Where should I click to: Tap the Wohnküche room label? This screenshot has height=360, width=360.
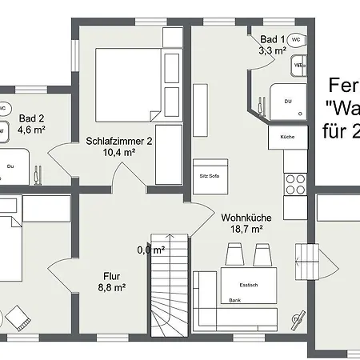pyautogui.click(x=246, y=217)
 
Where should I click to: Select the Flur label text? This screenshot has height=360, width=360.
pyautogui.click(x=111, y=274)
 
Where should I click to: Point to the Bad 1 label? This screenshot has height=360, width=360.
pyautogui.click(x=273, y=39)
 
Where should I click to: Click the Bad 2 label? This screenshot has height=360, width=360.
pyautogui.click(x=31, y=117)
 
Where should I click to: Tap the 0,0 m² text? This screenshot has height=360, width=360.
pyautogui.click(x=150, y=250)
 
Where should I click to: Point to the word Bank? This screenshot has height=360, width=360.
pyautogui.click(x=234, y=301)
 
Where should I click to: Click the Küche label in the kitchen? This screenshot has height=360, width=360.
pyautogui.click(x=288, y=137)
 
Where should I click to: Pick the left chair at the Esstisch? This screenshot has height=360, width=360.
pyautogui.click(x=234, y=255)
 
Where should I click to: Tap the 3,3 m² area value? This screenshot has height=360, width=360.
pyautogui.click(x=273, y=50)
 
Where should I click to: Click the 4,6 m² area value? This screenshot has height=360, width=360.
pyautogui.click(x=31, y=128)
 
